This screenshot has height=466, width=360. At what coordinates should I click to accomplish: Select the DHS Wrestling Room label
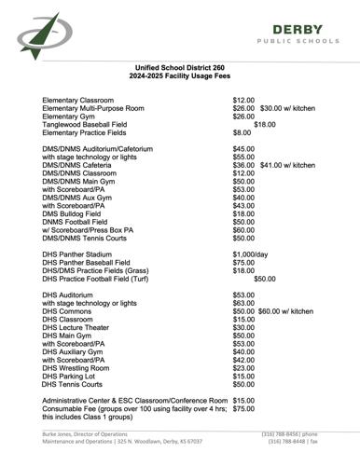pos(78,368)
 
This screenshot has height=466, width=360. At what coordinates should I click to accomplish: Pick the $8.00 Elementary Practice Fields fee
pos(242,132)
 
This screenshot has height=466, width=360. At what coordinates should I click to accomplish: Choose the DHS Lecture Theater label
pos(76,327)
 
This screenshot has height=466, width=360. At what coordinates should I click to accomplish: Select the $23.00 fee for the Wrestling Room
pos(243,368)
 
